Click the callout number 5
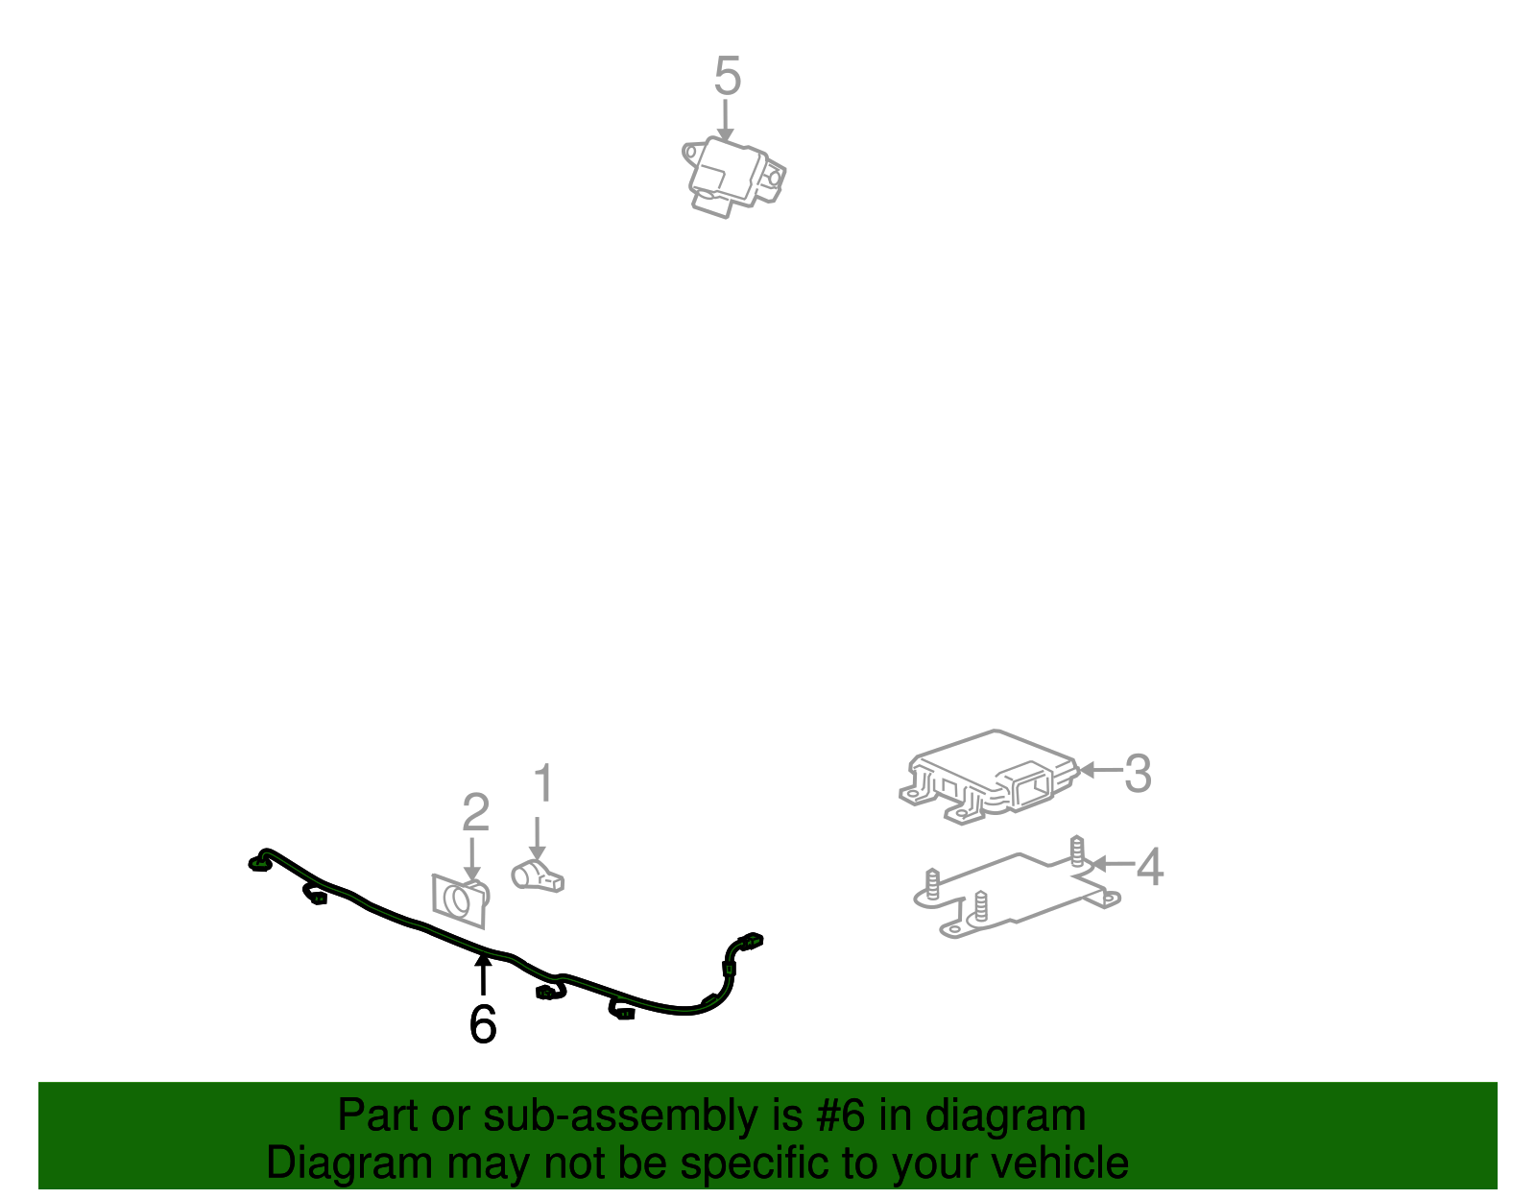tap(728, 76)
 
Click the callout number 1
tap(543, 784)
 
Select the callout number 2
tap(475, 813)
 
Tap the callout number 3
tap(1138, 774)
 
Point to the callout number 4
tap(1150, 867)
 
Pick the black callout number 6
tap(483, 1024)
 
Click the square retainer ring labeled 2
tap(460, 900)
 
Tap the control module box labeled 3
tap(989, 776)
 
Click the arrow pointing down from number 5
tap(726, 122)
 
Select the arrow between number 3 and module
tap(1100, 770)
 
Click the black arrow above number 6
tap(483, 974)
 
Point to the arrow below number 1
tap(538, 838)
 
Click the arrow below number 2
tap(471, 857)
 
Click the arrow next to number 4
tap(1112, 864)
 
